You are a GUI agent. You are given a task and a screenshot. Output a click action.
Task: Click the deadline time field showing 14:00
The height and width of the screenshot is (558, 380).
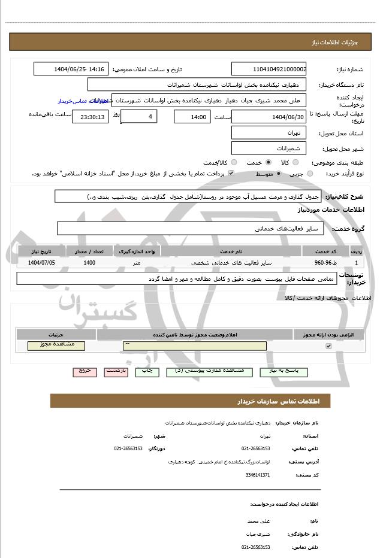tap(192, 117)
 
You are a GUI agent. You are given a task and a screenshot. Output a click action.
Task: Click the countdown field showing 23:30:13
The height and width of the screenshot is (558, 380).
tap(91, 117)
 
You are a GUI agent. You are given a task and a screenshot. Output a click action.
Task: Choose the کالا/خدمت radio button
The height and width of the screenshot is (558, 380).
tap(234, 162)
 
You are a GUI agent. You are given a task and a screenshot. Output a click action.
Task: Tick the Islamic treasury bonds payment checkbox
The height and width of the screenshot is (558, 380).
tap(231, 174)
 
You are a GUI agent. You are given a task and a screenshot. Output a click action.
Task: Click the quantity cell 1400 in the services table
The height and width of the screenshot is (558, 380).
tap(89, 262)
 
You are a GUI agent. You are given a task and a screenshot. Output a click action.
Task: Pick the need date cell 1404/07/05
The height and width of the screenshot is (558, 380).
tap(41, 262)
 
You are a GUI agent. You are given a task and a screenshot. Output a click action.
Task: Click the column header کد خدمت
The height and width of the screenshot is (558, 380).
tap(325, 251)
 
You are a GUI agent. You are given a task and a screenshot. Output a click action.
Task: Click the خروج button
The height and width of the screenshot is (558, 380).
tap(85, 371)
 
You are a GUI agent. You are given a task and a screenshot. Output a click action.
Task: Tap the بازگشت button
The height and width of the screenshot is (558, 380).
tap(116, 371)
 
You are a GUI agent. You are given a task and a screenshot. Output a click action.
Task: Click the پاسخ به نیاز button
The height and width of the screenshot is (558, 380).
tap(284, 371)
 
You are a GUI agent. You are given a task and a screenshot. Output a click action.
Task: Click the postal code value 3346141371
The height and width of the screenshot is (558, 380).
tap(258, 475)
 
